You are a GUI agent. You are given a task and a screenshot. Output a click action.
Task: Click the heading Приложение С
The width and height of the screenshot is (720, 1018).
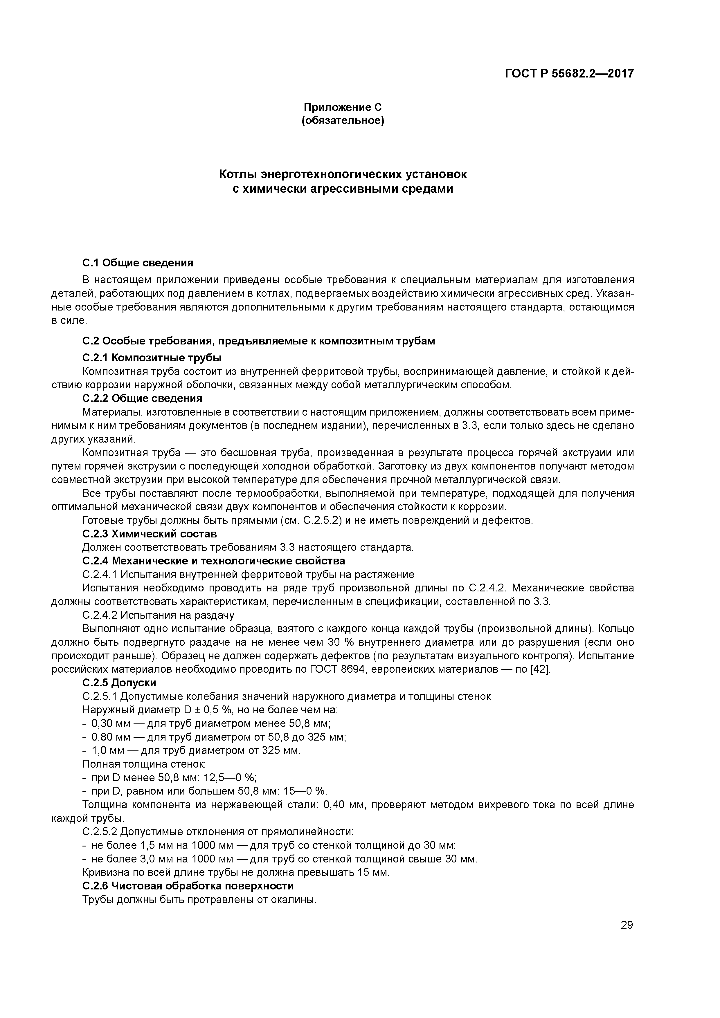pos(343,107)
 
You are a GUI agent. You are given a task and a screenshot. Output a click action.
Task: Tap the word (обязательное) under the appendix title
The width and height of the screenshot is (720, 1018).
pos(343,121)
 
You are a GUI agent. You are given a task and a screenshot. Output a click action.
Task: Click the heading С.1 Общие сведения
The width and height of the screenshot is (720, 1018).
pos(138,263)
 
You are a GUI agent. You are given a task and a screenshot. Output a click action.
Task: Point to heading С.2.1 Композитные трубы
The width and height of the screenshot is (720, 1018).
pos(152,357)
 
